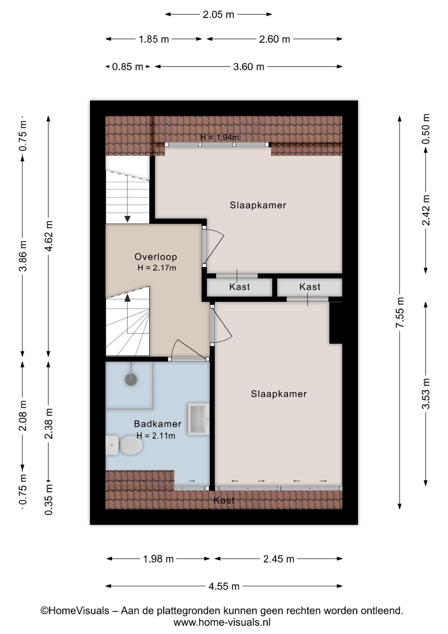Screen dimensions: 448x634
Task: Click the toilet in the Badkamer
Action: coord(124,445)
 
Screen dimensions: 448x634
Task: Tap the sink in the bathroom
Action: coord(198,418)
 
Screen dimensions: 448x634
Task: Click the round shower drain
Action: coord(131,379)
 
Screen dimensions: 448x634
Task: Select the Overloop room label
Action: coord(156,257)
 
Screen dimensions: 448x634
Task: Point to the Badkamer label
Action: coord(158,424)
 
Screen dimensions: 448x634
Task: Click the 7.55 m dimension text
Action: coord(400,312)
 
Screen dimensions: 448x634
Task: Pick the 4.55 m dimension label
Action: coord(224,586)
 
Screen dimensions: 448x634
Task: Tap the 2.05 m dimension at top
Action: coord(218,15)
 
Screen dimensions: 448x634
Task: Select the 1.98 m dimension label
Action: coord(158,559)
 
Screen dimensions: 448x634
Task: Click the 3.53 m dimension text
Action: coord(426,394)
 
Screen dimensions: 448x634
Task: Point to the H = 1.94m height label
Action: coord(220,137)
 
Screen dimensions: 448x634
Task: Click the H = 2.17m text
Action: coord(157,268)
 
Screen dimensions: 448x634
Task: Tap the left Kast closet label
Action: coord(240,287)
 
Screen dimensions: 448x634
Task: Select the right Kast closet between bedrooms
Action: coord(309,287)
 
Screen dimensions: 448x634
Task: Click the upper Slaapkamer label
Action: coord(258,205)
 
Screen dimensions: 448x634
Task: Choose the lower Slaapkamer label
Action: coord(279,394)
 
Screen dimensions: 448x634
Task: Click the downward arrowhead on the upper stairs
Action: coord(127,219)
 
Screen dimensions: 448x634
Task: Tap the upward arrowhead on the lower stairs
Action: coord(127,298)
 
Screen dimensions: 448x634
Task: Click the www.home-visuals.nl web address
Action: coord(222,622)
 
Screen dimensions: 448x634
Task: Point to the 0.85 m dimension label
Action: coord(127,67)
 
